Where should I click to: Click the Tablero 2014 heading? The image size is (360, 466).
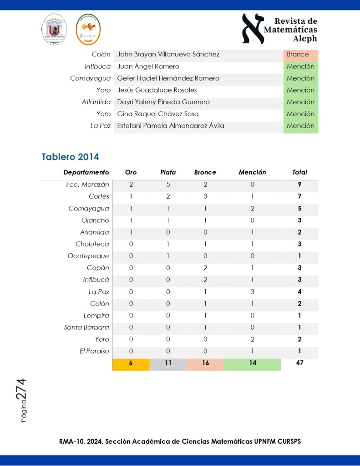[x=70, y=157]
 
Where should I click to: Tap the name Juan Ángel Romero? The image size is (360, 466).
[x=148, y=67]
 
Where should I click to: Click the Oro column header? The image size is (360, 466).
[x=131, y=172]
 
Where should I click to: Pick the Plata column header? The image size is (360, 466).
[x=168, y=172]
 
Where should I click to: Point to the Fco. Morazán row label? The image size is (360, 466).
[x=87, y=184]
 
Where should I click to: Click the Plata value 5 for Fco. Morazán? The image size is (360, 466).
[x=168, y=184]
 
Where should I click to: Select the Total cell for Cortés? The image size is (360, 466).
[x=299, y=196]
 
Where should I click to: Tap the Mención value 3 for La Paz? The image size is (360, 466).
[x=252, y=292]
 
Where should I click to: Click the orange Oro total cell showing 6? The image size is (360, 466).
[x=131, y=364]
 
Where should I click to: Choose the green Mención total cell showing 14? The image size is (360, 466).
[x=252, y=364]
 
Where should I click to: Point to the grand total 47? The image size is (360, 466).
[x=299, y=364]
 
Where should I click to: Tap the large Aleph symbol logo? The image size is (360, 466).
[x=253, y=29]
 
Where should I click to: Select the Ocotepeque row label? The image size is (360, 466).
[x=88, y=256]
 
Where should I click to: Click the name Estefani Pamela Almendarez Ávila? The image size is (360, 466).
[x=171, y=126]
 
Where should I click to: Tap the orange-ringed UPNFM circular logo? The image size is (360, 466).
[x=88, y=29]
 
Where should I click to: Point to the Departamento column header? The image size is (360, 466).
[x=86, y=172]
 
